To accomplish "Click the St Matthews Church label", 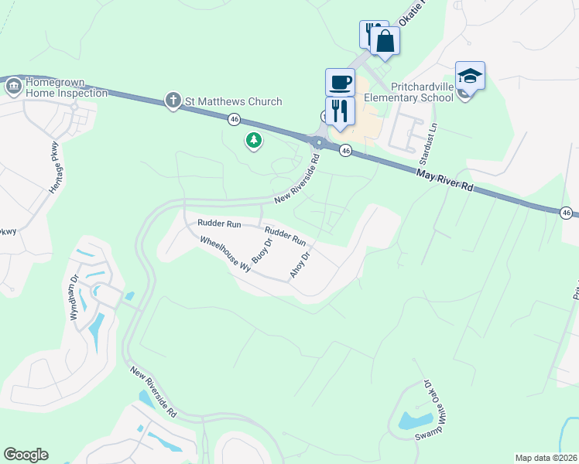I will pos(233,101).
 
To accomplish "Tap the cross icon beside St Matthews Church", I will pos(173,101).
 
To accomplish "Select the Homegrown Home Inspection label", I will pos(66,87).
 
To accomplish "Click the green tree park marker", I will pos(253,140).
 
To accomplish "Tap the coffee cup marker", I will pos(340,81).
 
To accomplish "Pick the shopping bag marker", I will pos(385,39).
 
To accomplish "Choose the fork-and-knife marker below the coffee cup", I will pos(340,111).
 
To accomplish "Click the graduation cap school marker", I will pos(470,76).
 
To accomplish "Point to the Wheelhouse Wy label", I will pos(226,252).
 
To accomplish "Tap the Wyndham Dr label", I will pos(75,298).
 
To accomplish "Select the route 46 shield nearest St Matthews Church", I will pos(234,119).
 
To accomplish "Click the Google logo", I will pos(26,455).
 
